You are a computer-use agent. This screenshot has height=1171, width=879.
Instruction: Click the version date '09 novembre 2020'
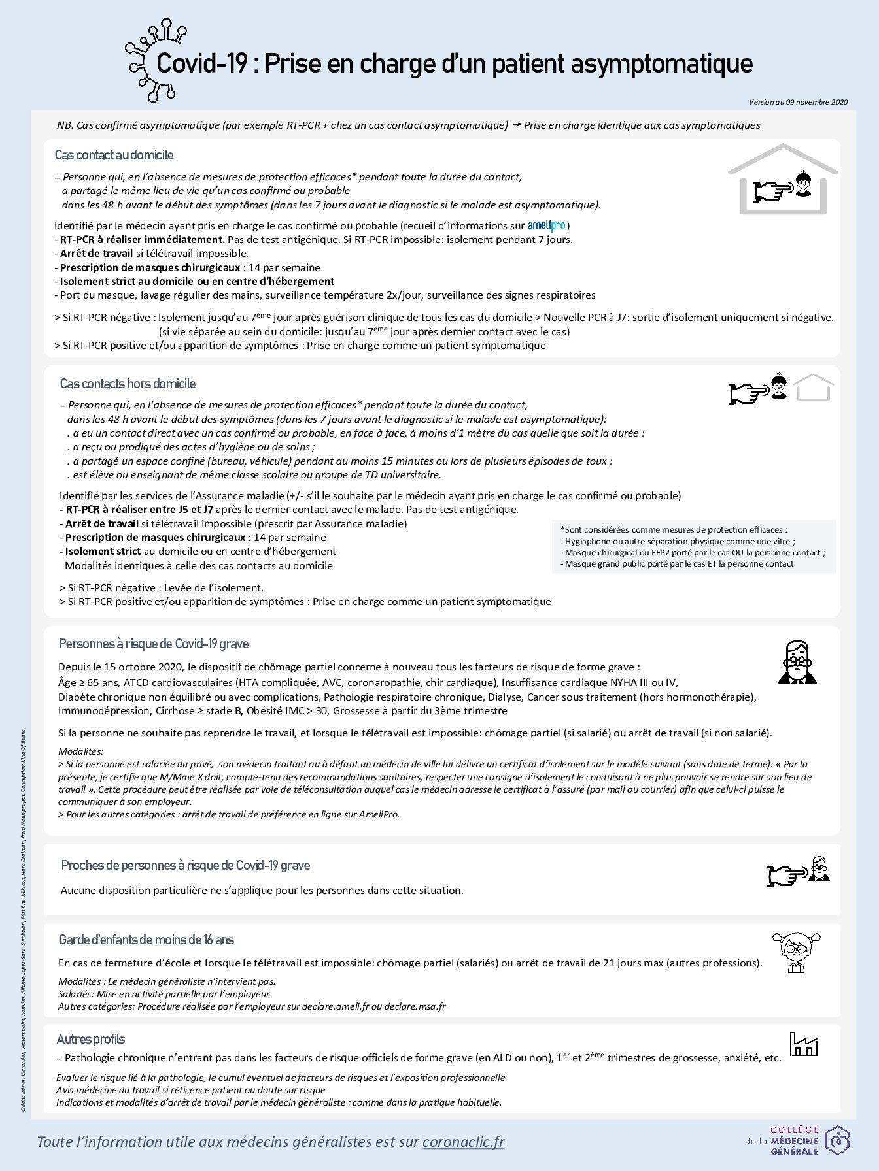(x=817, y=102)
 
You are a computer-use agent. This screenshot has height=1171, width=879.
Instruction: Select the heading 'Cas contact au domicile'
(x=114, y=155)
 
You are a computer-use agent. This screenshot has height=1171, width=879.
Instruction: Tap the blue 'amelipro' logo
(x=546, y=225)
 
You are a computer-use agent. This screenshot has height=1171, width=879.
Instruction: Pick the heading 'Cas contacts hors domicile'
(x=128, y=384)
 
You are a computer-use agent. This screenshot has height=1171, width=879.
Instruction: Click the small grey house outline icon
(x=813, y=388)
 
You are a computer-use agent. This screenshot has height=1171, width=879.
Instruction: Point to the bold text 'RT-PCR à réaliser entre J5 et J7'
(x=139, y=509)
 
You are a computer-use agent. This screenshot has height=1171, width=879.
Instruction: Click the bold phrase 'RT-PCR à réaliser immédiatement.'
(x=143, y=239)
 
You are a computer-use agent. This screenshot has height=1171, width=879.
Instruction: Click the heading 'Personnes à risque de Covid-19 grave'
(x=154, y=644)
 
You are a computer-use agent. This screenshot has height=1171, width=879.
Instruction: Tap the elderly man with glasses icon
(x=797, y=662)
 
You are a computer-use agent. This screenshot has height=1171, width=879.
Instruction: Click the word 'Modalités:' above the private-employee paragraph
(x=80, y=751)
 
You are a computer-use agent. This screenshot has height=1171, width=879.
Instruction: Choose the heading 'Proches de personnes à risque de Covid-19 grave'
(x=186, y=865)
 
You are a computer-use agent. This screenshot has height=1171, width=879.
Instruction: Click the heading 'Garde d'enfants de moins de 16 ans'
(x=146, y=940)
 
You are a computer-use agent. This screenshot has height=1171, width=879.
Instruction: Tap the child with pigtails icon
(x=796, y=951)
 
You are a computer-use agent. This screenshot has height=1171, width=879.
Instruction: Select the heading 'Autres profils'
(x=90, y=1039)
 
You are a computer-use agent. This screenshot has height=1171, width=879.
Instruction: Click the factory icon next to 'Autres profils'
(x=803, y=1044)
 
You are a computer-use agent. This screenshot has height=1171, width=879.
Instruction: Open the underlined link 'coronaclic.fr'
(x=464, y=1142)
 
